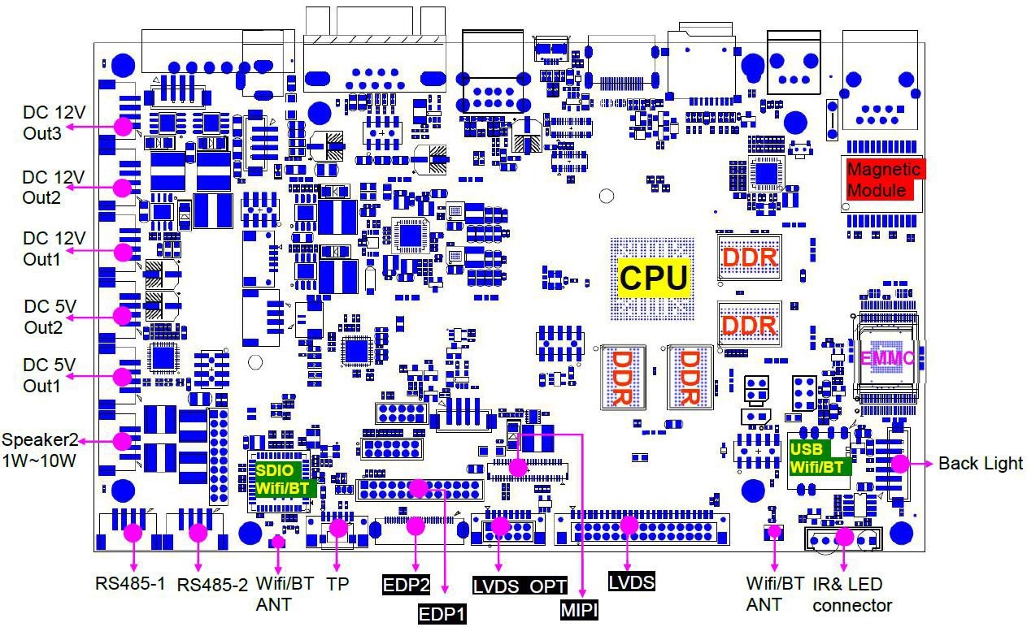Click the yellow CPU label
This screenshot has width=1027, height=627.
pyautogui.click(x=654, y=277)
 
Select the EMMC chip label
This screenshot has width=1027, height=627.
pyautogui.click(x=887, y=357)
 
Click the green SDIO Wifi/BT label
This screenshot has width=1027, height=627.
pyautogui.click(x=284, y=479)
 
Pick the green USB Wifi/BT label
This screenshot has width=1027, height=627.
pyautogui.click(x=820, y=458)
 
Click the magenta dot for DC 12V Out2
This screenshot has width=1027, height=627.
pyautogui.click(x=123, y=188)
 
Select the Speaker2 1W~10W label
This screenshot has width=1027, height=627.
pyautogui.click(x=41, y=449)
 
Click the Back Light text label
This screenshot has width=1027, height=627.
pyautogui.click(x=980, y=464)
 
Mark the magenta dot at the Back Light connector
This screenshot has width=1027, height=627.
pyautogui.click(x=899, y=464)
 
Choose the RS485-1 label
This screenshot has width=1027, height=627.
pyautogui.click(x=130, y=583)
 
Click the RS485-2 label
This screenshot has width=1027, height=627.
pyautogui.click(x=212, y=584)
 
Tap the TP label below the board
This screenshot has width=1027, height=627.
pyautogui.click(x=337, y=583)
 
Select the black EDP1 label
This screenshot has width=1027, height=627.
pyautogui.click(x=442, y=613)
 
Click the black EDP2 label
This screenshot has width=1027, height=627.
pyautogui.click(x=407, y=583)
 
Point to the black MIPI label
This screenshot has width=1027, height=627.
pyautogui.click(x=579, y=609)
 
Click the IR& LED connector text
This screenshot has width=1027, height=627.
pyautogui.click(x=852, y=595)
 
